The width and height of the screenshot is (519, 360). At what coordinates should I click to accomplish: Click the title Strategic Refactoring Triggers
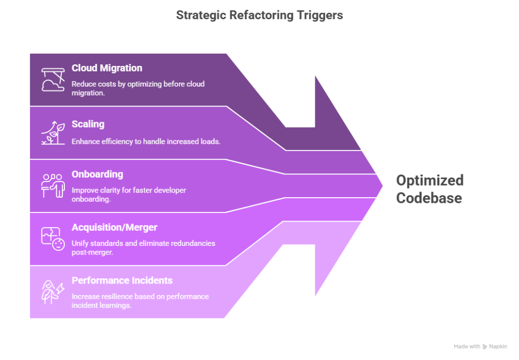(259, 15)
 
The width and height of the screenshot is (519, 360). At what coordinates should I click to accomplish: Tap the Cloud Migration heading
(106, 68)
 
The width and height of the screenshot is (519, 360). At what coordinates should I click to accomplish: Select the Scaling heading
(88, 124)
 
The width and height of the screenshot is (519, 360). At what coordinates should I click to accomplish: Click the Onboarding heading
(97, 174)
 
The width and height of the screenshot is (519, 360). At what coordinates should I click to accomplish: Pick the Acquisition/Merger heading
(114, 228)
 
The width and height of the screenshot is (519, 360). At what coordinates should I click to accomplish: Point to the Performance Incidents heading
(122, 280)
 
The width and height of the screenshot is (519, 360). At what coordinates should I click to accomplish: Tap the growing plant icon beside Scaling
(53, 133)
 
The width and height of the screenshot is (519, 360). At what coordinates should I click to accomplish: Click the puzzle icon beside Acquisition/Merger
(53, 239)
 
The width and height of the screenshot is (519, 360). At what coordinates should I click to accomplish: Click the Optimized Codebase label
(429, 189)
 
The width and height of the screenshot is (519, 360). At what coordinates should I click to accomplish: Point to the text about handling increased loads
(146, 141)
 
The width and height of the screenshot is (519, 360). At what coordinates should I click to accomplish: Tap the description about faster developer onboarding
(129, 195)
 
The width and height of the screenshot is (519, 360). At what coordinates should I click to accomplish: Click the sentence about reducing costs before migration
(138, 88)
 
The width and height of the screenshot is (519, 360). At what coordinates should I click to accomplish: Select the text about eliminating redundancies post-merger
(143, 247)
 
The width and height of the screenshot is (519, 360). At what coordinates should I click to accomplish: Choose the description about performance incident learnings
(140, 301)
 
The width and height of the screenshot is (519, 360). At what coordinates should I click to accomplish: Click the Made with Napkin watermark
(480, 346)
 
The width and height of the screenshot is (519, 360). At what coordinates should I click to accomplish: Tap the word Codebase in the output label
(429, 198)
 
